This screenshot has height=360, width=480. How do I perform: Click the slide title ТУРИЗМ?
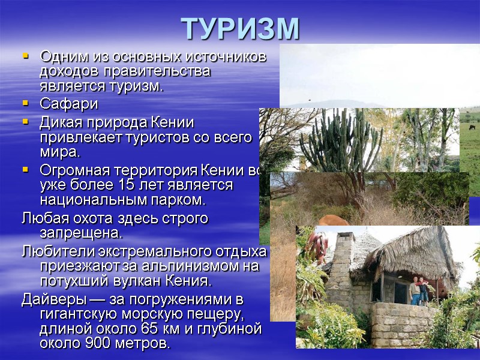[240, 28]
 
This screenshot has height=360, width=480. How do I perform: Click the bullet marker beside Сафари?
[25, 104]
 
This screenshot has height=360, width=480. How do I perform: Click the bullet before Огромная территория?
[25, 169]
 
